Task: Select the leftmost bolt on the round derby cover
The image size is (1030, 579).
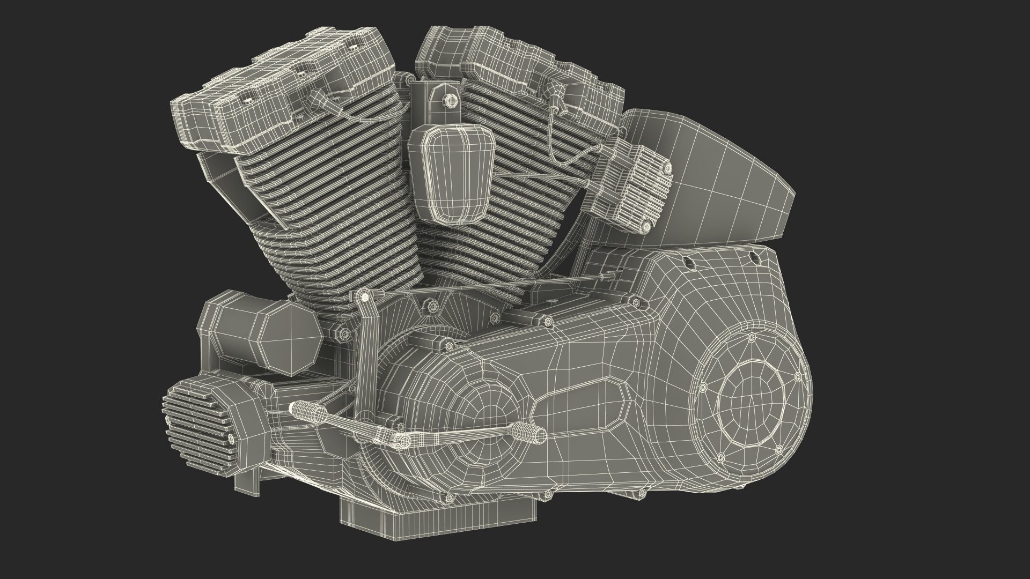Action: pos(702,387)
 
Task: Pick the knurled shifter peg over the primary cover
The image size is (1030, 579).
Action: pos(529,432)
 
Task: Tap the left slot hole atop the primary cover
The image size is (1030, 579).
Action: pos(685,262)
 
